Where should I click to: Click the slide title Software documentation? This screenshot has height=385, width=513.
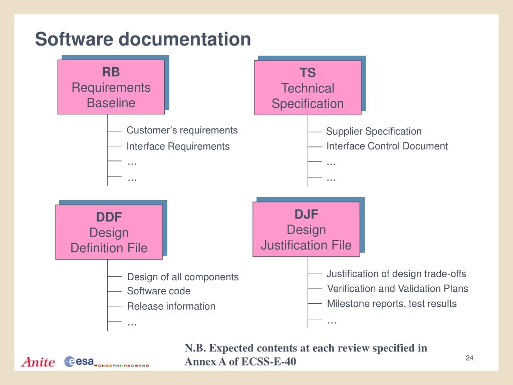(x=143, y=39)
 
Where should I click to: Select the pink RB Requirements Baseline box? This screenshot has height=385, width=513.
(x=111, y=87)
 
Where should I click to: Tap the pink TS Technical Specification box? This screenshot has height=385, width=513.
(x=308, y=88)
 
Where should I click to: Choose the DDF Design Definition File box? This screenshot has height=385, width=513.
(x=109, y=232)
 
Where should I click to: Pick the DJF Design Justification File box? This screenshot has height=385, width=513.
(x=306, y=230)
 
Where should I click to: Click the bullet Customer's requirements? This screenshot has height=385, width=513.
(x=182, y=130)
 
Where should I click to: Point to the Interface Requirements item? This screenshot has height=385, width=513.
(x=178, y=146)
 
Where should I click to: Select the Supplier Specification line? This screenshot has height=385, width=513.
(x=374, y=131)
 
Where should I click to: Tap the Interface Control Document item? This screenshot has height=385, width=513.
(x=387, y=146)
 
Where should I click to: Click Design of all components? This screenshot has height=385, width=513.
(x=183, y=277)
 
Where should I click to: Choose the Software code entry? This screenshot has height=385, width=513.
(x=159, y=291)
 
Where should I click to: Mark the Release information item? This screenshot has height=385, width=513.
(x=171, y=306)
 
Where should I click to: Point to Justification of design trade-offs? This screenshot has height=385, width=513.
(x=396, y=274)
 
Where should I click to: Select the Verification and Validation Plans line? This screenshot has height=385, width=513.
(x=398, y=288)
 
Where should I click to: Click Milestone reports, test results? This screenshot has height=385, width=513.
(x=392, y=303)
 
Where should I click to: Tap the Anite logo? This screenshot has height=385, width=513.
(x=38, y=362)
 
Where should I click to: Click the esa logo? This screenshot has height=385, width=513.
(x=80, y=361)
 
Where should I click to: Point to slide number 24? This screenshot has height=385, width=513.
(x=469, y=357)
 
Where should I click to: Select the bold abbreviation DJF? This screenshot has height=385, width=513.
(x=306, y=214)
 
